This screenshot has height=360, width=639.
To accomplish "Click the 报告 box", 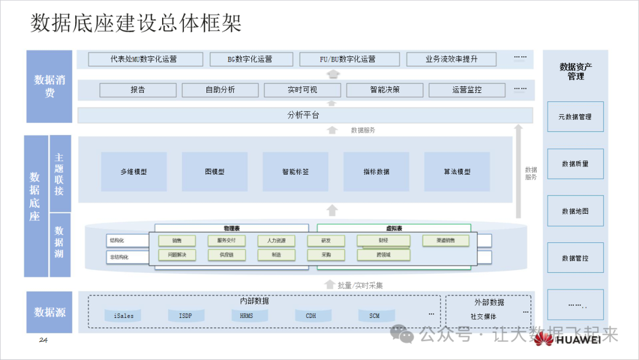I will pyautogui.click(x=138, y=90).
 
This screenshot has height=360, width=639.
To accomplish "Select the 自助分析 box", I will pyautogui.click(x=220, y=90).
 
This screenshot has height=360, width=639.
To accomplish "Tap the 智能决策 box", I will pyautogui.click(x=385, y=90).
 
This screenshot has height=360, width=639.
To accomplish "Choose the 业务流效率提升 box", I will pyautogui.click(x=451, y=59).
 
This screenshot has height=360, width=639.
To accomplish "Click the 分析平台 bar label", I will pyautogui.click(x=303, y=115).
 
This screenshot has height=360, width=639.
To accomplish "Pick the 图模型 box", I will pyautogui.click(x=214, y=172).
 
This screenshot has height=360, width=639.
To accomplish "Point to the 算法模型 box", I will pyautogui.click(x=457, y=172).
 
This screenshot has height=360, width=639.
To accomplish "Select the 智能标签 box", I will pyautogui.click(x=295, y=172).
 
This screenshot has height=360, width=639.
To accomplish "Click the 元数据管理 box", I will pyautogui.click(x=575, y=117).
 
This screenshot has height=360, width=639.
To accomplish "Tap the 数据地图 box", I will pyautogui.click(x=575, y=211).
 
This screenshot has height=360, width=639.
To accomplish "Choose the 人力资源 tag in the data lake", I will pyautogui.click(x=276, y=241).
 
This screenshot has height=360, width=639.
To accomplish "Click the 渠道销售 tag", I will pyautogui.click(x=446, y=241).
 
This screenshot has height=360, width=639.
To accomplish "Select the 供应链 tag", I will pyautogui.click(x=227, y=255).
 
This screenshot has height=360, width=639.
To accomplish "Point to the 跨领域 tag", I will pyautogui.click(x=383, y=255).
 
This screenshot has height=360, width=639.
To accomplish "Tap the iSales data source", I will pyautogui.click(x=124, y=316).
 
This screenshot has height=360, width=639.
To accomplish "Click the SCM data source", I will pyautogui.click(x=374, y=316).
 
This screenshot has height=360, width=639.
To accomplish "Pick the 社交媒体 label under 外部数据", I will pyautogui.click(x=483, y=317).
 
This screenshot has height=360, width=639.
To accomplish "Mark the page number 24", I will pyautogui.click(x=43, y=340).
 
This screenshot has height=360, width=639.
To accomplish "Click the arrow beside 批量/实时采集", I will pyautogui.click(x=330, y=285).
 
